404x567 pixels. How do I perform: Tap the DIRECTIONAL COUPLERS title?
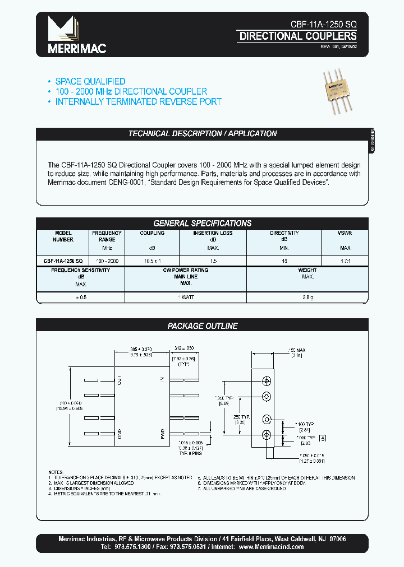click(297, 36)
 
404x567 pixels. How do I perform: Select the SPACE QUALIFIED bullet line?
click(90, 82)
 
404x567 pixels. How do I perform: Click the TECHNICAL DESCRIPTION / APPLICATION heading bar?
click(202, 134)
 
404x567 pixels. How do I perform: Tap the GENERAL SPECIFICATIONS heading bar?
click(202, 223)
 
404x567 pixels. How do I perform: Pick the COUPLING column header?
click(152, 233)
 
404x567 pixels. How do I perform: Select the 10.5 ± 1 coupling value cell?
click(152, 261)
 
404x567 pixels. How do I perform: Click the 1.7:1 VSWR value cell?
click(345, 261)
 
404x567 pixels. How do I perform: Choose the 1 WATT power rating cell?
click(185, 298)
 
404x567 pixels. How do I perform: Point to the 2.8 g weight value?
click(307, 298)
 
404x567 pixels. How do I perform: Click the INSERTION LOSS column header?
click(213, 233)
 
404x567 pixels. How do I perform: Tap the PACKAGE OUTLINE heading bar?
click(202, 326)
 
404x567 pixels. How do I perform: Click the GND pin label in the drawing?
click(119, 433)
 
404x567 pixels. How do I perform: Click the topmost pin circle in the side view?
click(267, 381)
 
